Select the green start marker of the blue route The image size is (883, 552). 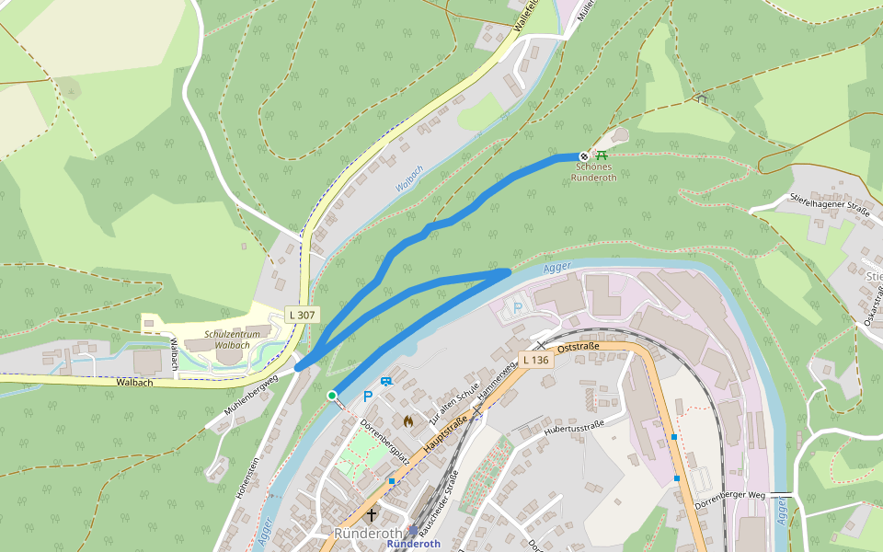click(x=332, y=396)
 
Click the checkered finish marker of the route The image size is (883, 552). click(x=583, y=156)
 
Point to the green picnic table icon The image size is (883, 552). click(x=602, y=155)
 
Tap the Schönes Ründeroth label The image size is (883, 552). click(x=593, y=172)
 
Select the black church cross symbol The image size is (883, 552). click(x=372, y=515)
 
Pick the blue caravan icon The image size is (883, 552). click(x=385, y=382)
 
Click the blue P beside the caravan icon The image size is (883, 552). click(x=368, y=397)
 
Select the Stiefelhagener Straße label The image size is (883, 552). click(x=831, y=203)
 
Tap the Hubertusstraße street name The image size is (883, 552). click(x=572, y=426)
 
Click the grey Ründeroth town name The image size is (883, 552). click(x=368, y=534)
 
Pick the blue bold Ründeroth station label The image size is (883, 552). click(x=414, y=544)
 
